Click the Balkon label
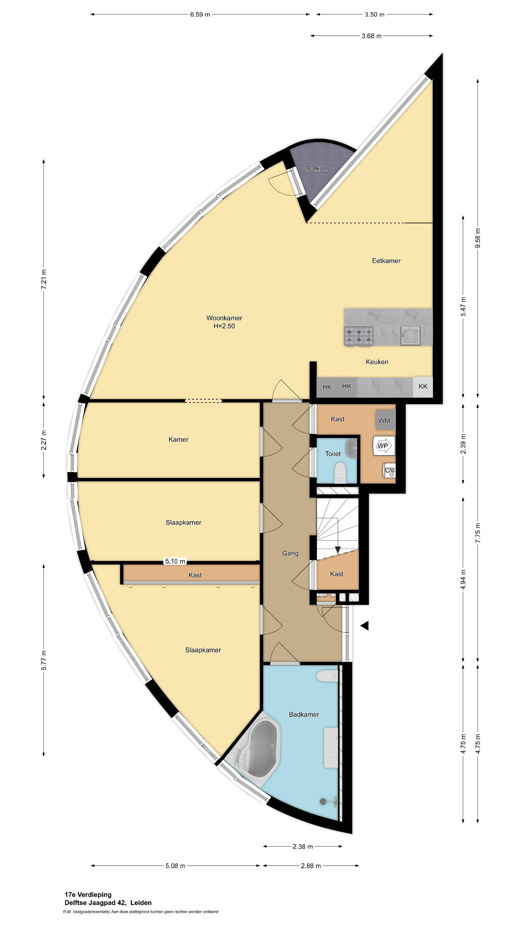click(316, 168)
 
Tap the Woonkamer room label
click(224, 318)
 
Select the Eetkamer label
click(386, 261)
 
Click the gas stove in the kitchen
click(359, 336)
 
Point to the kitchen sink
click(411, 336)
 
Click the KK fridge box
click(423, 387)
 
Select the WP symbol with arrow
click(383, 446)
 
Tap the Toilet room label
click(333, 454)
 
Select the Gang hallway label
click(290, 553)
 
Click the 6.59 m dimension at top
click(200, 14)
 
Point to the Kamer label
click(178, 439)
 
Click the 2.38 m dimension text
click(302, 847)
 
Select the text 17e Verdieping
click(88, 894)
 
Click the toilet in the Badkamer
click(327, 676)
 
